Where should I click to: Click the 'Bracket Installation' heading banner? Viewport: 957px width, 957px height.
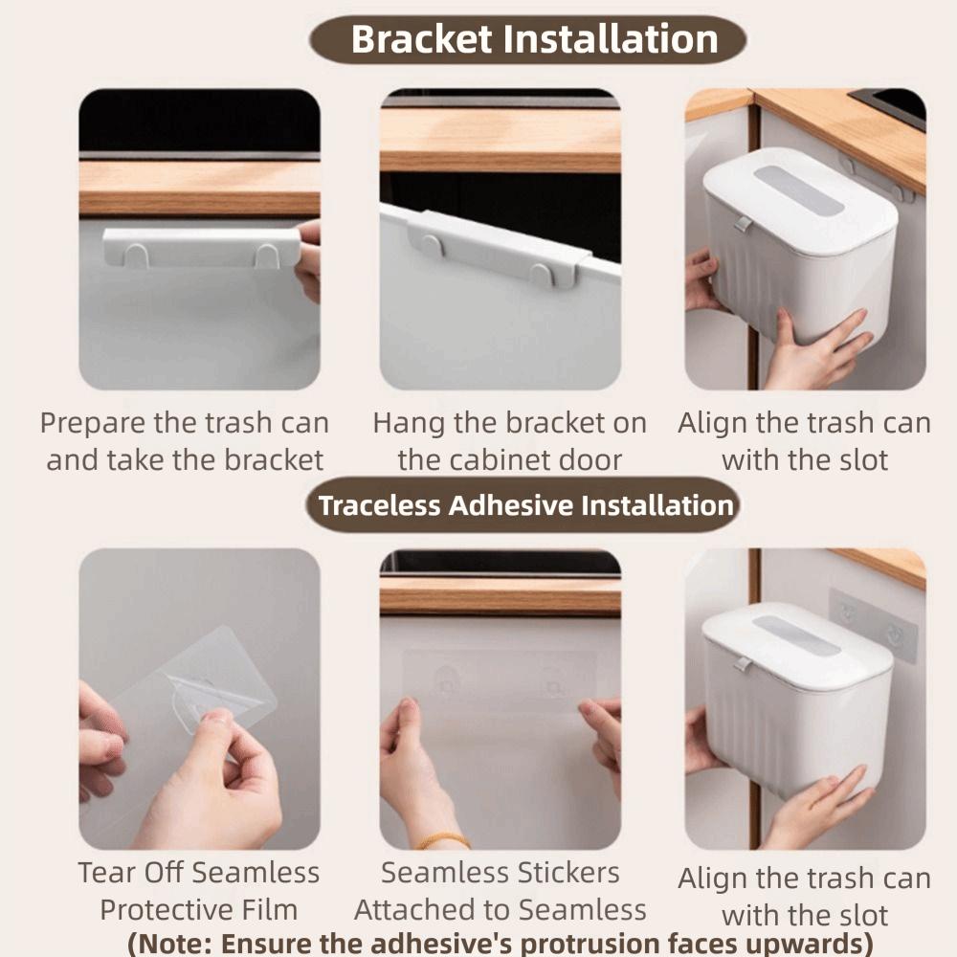click(526, 40)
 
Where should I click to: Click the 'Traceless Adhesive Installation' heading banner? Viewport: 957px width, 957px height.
click(525, 505)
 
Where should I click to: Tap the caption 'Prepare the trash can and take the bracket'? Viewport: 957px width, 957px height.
click(185, 441)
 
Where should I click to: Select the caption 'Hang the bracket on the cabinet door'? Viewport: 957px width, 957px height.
click(509, 441)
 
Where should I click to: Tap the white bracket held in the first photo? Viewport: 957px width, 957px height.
click(201, 247)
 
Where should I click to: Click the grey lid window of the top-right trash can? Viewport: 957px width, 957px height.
click(799, 189)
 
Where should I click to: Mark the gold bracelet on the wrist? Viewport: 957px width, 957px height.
click(443, 840)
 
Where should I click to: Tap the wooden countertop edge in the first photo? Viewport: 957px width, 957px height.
click(199, 188)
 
